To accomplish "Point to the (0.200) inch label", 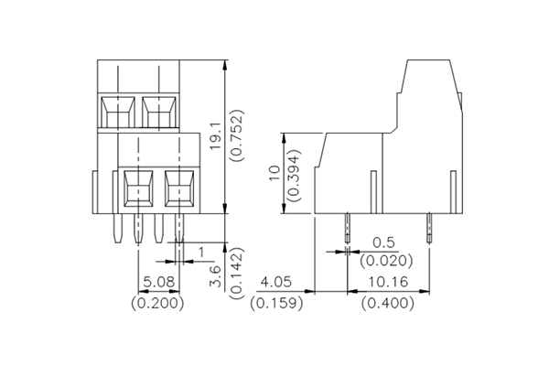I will click(x=158, y=302).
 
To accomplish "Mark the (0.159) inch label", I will click(x=277, y=302).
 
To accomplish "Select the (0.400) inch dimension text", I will click(x=389, y=302).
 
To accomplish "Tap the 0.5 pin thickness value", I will click(x=384, y=242).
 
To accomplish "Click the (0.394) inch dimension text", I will click(x=296, y=173).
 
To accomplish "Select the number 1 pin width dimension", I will click(x=201, y=249).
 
